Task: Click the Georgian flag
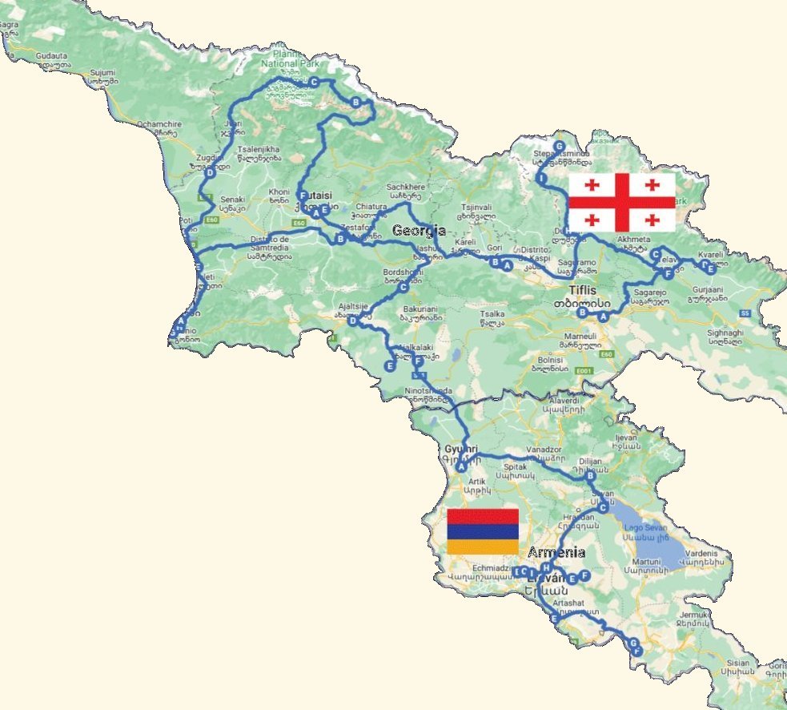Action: click(x=622, y=202)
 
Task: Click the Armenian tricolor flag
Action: click(x=482, y=531)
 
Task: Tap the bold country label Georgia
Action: click(x=419, y=231)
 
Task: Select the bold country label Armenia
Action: click(x=556, y=553)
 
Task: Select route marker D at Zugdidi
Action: click(x=209, y=173)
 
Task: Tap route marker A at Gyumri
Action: click(x=462, y=466)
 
